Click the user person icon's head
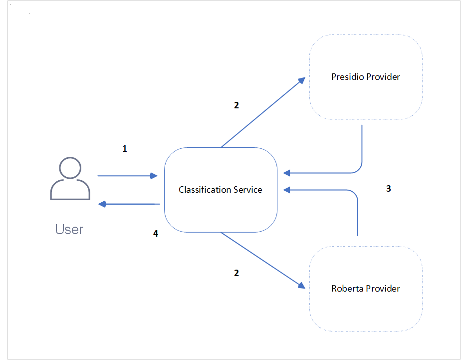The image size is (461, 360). (x=70, y=168)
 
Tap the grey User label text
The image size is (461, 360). (x=69, y=230)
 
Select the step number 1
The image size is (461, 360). (x=125, y=149)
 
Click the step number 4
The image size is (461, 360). (x=156, y=233)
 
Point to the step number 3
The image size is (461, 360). (x=389, y=189)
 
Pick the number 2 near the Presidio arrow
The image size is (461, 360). (x=236, y=105)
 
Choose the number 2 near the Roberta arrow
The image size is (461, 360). (x=236, y=273)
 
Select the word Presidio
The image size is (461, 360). (x=348, y=77)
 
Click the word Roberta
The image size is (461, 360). (x=347, y=289)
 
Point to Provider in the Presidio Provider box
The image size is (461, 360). (x=383, y=77)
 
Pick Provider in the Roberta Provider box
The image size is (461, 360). (x=383, y=289)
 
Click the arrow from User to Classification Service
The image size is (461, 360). (x=127, y=176)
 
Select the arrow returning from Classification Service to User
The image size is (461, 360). (x=130, y=204)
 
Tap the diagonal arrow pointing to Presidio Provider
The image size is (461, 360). (x=262, y=113)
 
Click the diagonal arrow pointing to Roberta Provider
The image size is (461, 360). (x=262, y=260)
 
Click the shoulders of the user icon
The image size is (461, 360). (x=70, y=191)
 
